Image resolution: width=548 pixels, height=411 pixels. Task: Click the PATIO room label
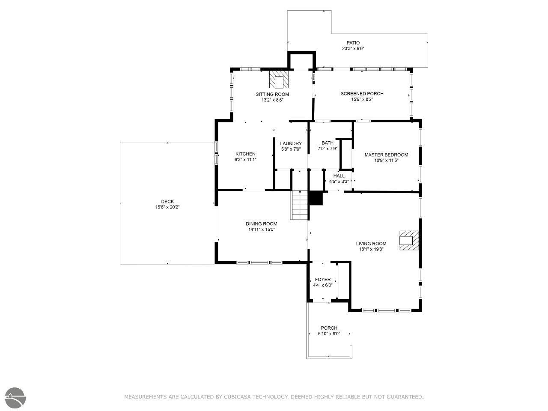tap(353, 43)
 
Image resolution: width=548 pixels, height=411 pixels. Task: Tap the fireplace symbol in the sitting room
tap(279, 79)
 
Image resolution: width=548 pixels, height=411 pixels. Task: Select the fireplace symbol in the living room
tap(409, 240)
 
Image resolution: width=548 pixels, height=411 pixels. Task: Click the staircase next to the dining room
tap(299, 205)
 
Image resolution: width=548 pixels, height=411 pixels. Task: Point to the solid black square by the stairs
tap(316, 198)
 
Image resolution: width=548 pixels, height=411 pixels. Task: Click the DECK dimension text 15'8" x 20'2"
tap(167, 207)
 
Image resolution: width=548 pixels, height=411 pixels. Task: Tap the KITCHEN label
tap(245, 154)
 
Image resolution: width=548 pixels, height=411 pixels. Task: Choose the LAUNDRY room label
tap(291, 143)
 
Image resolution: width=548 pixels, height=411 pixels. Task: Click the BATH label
tap(328, 143)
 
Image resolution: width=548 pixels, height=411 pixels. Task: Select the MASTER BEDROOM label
tap(386, 155)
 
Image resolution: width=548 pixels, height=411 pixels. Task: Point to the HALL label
tap(339, 176)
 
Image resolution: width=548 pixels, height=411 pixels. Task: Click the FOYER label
tap(322, 280)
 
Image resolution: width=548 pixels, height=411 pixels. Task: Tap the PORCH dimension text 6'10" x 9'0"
tap(329, 334)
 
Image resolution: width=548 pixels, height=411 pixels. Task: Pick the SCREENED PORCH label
tap(362, 94)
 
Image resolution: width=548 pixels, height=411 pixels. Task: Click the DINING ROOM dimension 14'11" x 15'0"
tap(262, 229)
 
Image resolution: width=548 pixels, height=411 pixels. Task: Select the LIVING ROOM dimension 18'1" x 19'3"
tap(371, 249)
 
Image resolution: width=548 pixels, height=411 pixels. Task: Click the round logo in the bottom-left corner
tap(15, 398)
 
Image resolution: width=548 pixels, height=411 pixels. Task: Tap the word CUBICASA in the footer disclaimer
tap(238, 396)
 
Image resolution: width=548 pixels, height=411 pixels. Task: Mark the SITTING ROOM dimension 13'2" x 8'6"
tap(272, 100)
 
